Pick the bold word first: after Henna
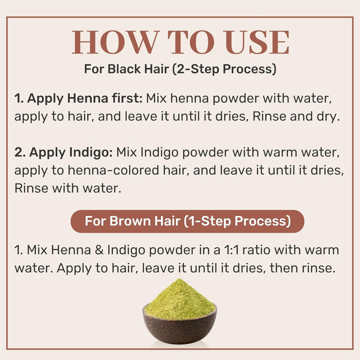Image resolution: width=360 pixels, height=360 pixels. [127, 98]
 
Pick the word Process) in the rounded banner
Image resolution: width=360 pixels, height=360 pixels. [263, 221]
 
